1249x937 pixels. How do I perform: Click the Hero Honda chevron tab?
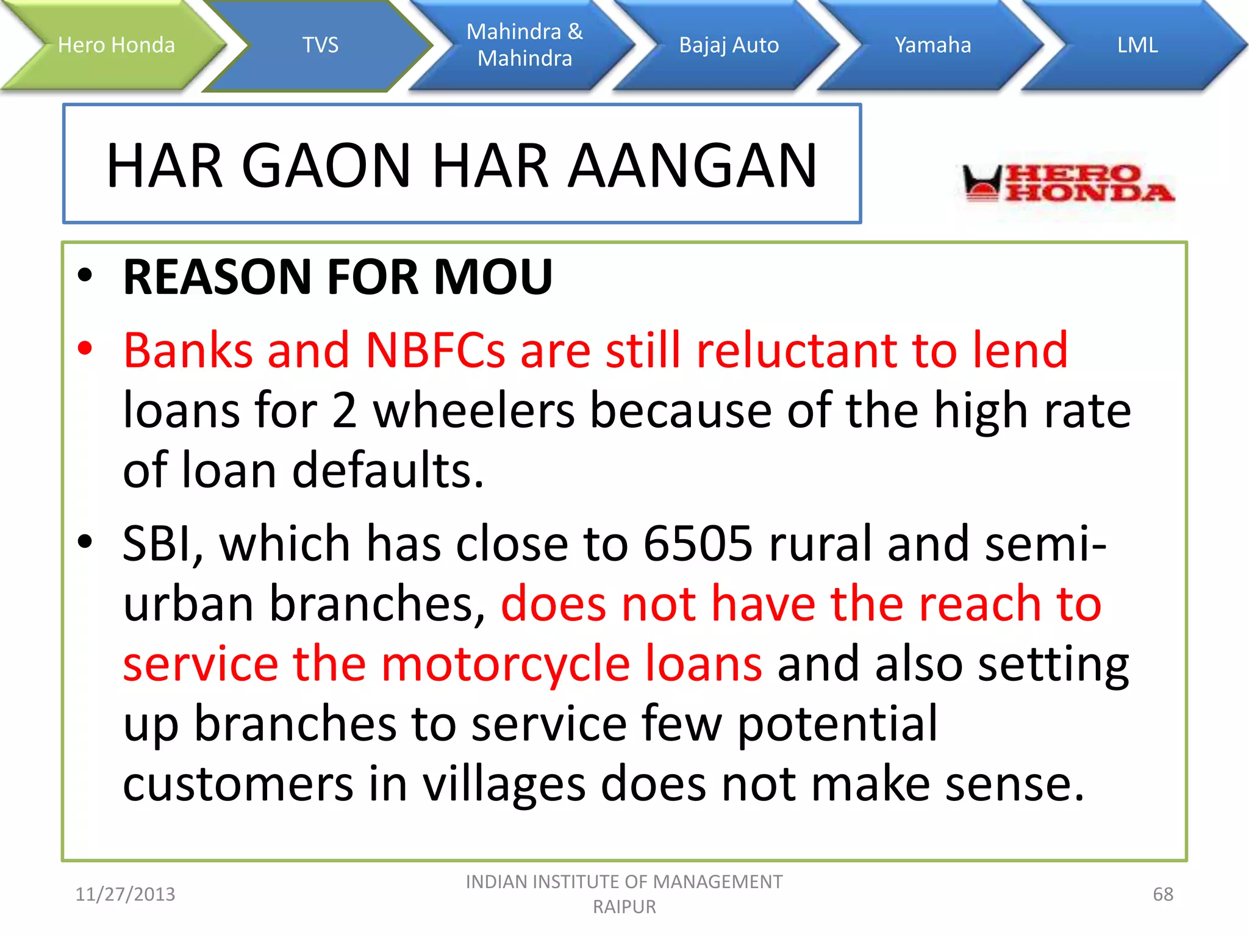pyautogui.click(x=116, y=45)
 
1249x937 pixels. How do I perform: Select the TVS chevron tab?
pyautogui.click(x=320, y=45)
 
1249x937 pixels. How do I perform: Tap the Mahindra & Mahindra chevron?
pyautogui.click(x=524, y=45)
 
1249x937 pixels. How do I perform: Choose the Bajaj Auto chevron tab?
pyautogui.click(x=729, y=45)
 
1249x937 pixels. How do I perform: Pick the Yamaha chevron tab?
pyautogui.click(x=932, y=45)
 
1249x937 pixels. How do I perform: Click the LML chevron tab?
pyautogui.click(x=1137, y=45)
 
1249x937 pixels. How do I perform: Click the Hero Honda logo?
pyautogui.click(x=1067, y=183)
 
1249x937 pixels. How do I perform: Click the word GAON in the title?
pyautogui.click(x=327, y=166)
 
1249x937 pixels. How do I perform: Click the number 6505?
pyautogui.click(x=698, y=544)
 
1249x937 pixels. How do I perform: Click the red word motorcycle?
pyautogui.click(x=505, y=664)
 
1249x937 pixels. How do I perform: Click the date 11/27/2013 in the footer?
pyautogui.click(x=125, y=894)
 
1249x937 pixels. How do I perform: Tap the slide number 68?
pyautogui.click(x=1162, y=894)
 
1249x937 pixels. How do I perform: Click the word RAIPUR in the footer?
pyautogui.click(x=624, y=907)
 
